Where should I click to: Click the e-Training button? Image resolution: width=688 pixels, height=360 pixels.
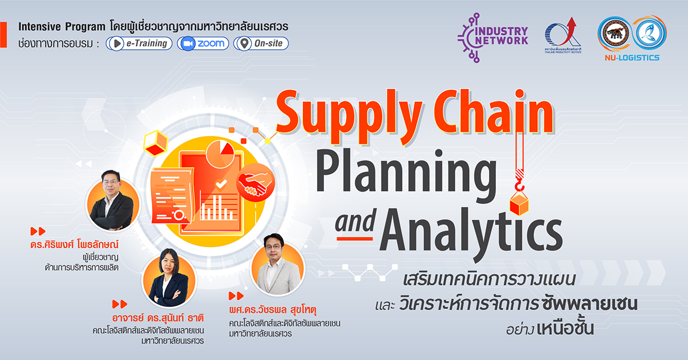(x=139, y=44)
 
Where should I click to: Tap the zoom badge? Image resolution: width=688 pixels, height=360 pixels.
(x=203, y=44)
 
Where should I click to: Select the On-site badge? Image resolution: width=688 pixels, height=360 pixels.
(x=261, y=44)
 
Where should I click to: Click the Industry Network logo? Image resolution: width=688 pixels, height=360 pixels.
(x=492, y=37)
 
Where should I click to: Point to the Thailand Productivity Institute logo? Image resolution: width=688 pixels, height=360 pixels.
(x=562, y=36)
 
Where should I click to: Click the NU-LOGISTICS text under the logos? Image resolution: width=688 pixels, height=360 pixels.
(x=632, y=58)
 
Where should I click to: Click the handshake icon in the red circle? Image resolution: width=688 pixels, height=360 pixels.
(x=256, y=182)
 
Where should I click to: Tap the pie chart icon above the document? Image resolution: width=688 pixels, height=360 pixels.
(x=220, y=154)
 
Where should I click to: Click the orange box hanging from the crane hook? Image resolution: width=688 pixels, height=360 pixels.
(x=519, y=204)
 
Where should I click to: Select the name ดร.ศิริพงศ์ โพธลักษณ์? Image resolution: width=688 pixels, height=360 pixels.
(x=75, y=244)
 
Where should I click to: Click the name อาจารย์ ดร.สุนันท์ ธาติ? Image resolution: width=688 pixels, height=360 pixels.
(x=158, y=317)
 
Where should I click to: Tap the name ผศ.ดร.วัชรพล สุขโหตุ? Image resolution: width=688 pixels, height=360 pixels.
(x=273, y=309)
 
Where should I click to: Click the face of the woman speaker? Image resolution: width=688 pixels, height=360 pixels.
(x=169, y=264)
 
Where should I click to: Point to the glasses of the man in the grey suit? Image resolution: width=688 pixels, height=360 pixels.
(x=273, y=246)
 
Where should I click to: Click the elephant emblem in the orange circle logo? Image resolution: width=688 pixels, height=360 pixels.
(x=613, y=33)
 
